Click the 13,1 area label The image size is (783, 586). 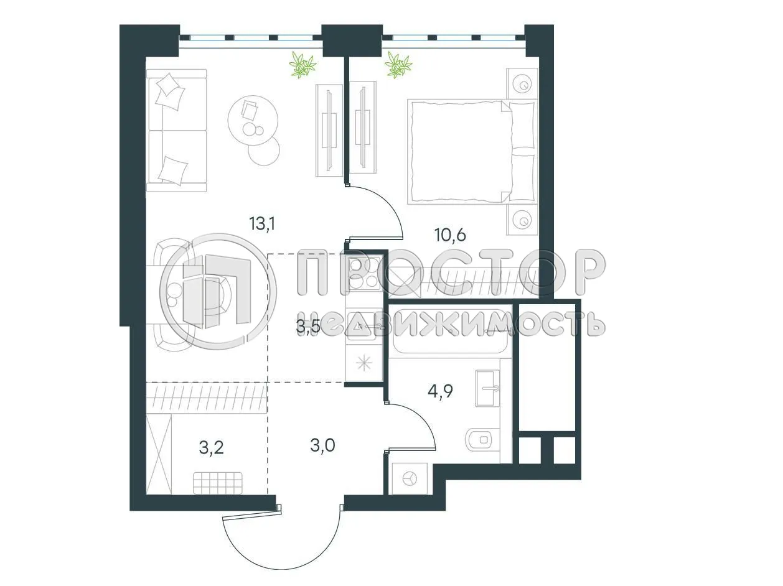pos(262,224)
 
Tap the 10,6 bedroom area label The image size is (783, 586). pos(450,235)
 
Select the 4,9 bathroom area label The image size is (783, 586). pos(439,391)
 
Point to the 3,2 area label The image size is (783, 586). pos(211,446)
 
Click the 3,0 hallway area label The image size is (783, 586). pos(322,445)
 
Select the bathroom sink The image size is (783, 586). pos(487,388)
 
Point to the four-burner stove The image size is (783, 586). pos(365,273)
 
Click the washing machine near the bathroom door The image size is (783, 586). pos(409,478)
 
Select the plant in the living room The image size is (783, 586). pos(303,64)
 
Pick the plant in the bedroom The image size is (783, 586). pos(398,64)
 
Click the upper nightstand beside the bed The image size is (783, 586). pos(522,83)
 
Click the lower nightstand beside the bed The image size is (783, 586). pos(522,220)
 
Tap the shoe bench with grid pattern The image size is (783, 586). pos(217,482)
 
